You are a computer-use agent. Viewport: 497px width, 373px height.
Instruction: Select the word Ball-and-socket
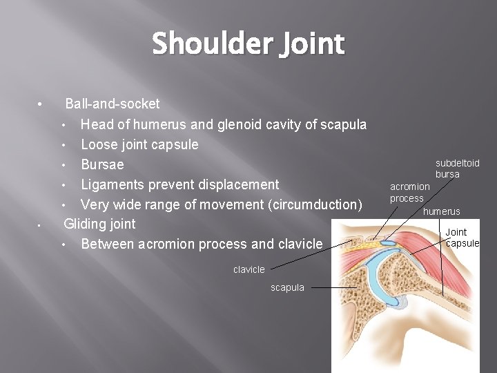tap(112, 104)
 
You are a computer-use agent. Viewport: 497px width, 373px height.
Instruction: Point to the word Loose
tap(100, 144)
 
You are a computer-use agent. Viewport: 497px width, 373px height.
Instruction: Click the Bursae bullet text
tap(102, 164)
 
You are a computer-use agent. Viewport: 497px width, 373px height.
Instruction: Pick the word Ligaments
tap(115, 184)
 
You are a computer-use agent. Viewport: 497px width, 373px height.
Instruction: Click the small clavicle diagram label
tap(249, 269)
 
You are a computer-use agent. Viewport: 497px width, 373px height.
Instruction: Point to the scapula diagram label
tap(288, 287)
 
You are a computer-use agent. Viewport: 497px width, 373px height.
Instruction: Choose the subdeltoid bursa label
tap(457, 169)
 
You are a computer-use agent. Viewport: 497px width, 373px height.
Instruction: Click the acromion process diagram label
tap(409, 193)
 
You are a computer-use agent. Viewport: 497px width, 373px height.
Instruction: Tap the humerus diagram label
tap(442, 211)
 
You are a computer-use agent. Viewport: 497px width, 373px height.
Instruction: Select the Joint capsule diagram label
tap(462, 238)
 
